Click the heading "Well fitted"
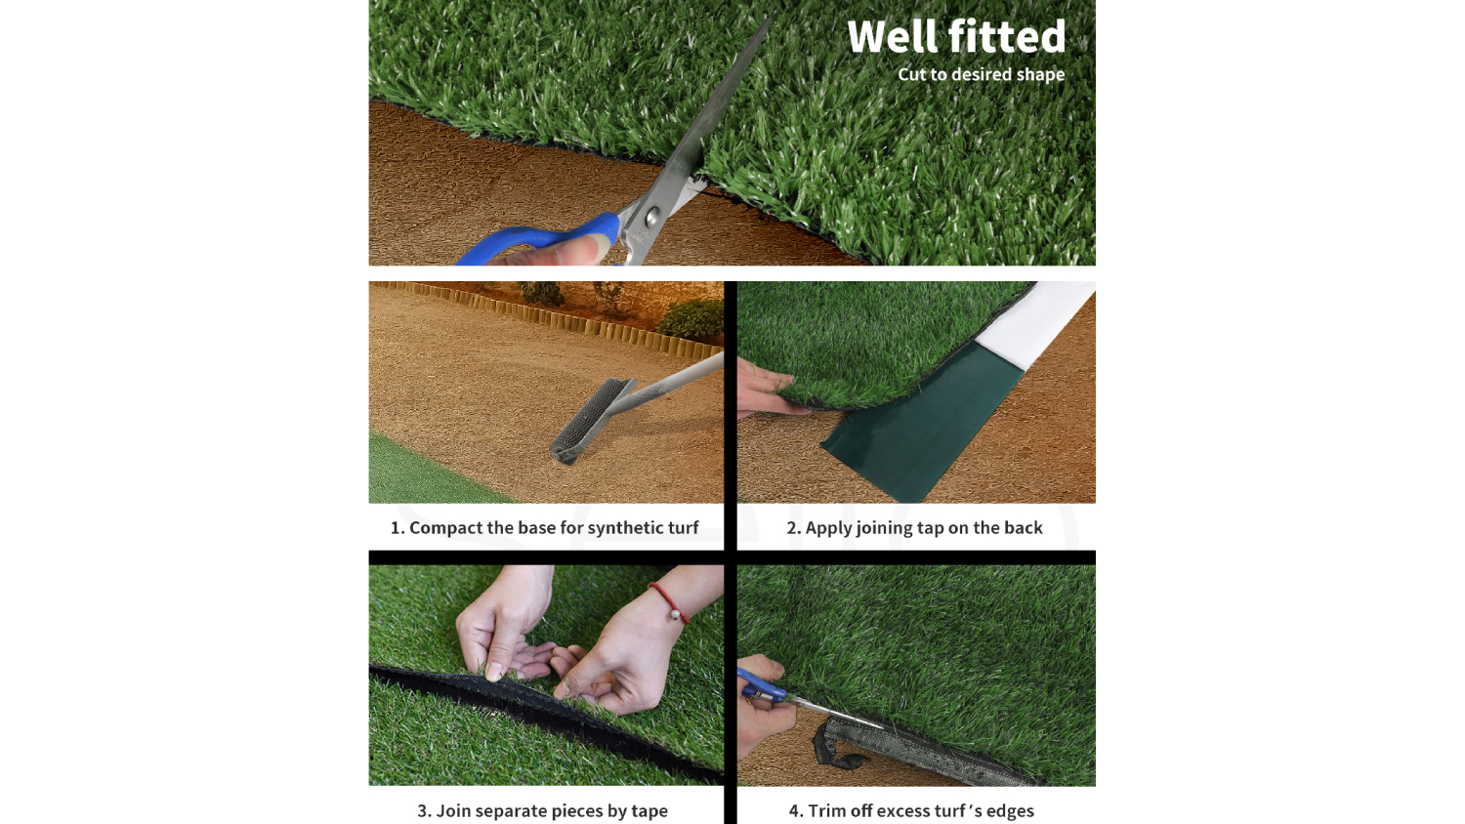point(956,36)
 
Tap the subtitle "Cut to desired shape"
point(981,74)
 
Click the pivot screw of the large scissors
point(652,215)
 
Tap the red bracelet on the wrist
point(669,603)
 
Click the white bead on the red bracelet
point(674,615)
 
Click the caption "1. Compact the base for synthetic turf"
point(544,528)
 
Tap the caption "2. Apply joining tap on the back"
point(914,528)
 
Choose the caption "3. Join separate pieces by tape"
point(542,811)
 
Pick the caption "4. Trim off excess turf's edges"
point(911,811)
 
